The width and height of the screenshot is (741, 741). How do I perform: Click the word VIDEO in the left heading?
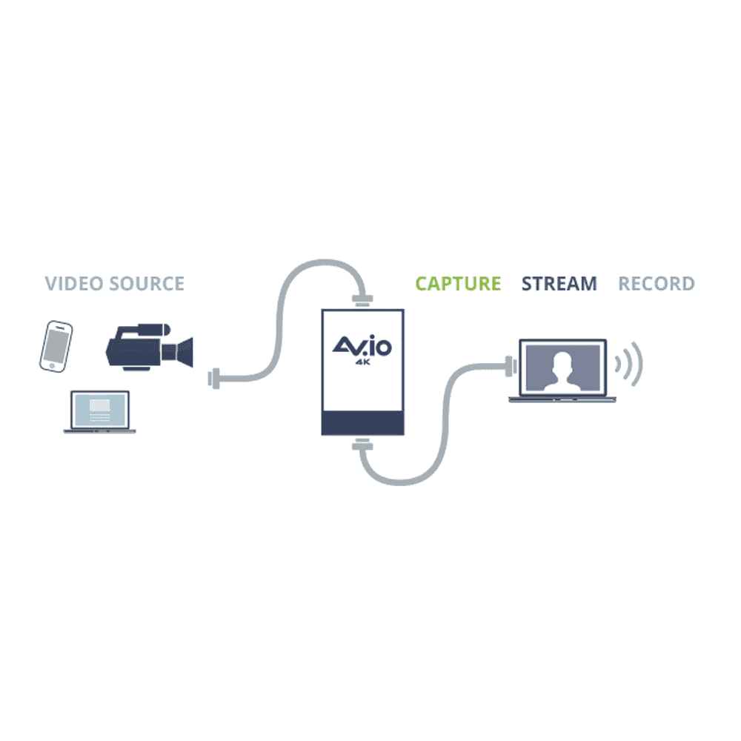click(x=74, y=284)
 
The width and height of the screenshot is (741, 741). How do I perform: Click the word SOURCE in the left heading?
click(x=147, y=284)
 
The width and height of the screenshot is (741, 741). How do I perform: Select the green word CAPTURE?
click(x=458, y=284)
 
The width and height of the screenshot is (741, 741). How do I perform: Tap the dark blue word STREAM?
click(x=559, y=284)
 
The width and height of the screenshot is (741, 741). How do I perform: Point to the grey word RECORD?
click(x=657, y=284)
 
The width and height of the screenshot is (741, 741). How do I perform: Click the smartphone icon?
click(x=56, y=346)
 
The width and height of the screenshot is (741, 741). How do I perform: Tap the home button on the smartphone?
click(x=52, y=366)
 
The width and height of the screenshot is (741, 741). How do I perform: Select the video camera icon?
click(x=150, y=347)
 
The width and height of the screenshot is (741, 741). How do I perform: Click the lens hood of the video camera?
click(x=185, y=351)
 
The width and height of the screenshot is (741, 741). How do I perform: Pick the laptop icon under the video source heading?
click(x=100, y=411)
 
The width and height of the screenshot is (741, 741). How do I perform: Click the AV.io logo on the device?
click(x=362, y=345)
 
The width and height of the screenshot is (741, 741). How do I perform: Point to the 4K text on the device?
click(x=363, y=362)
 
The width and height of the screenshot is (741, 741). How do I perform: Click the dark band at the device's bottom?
click(x=363, y=422)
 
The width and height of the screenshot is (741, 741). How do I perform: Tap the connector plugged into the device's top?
click(x=362, y=299)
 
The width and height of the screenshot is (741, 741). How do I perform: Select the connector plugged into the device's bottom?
click(x=362, y=444)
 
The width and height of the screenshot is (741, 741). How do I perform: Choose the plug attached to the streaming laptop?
click(x=511, y=367)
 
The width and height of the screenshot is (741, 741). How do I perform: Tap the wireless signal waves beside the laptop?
click(x=629, y=364)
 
